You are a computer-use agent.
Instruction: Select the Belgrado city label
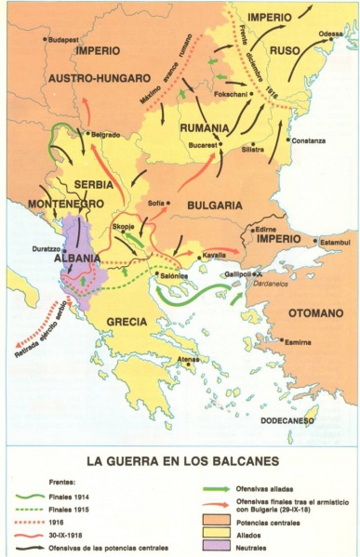[x=106, y=134]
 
